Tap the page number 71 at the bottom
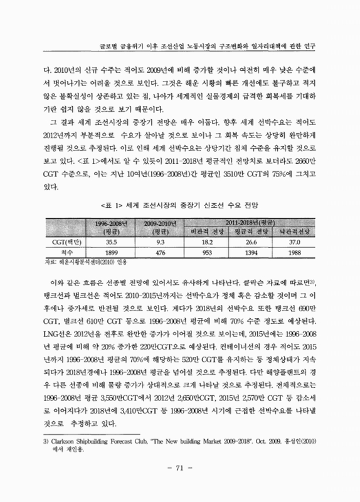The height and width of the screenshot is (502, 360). point(180,484)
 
